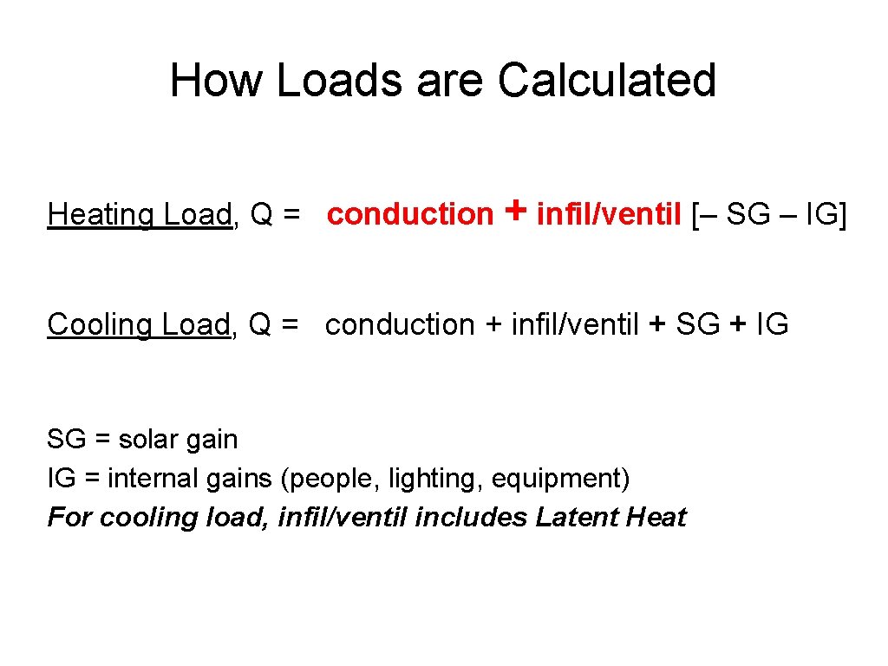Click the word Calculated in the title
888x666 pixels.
click(x=607, y=80)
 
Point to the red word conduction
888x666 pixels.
click(x=409, y=214)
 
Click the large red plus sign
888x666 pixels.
click(x=515, y=211)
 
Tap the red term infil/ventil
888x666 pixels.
click(x=609, y=214)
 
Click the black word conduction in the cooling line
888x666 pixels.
click(x=400, y=325)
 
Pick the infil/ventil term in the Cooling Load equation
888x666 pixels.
click(x=576, y=325)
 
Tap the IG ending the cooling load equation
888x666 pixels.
click(x=772, y=325)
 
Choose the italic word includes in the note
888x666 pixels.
click(x=471, y=518)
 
